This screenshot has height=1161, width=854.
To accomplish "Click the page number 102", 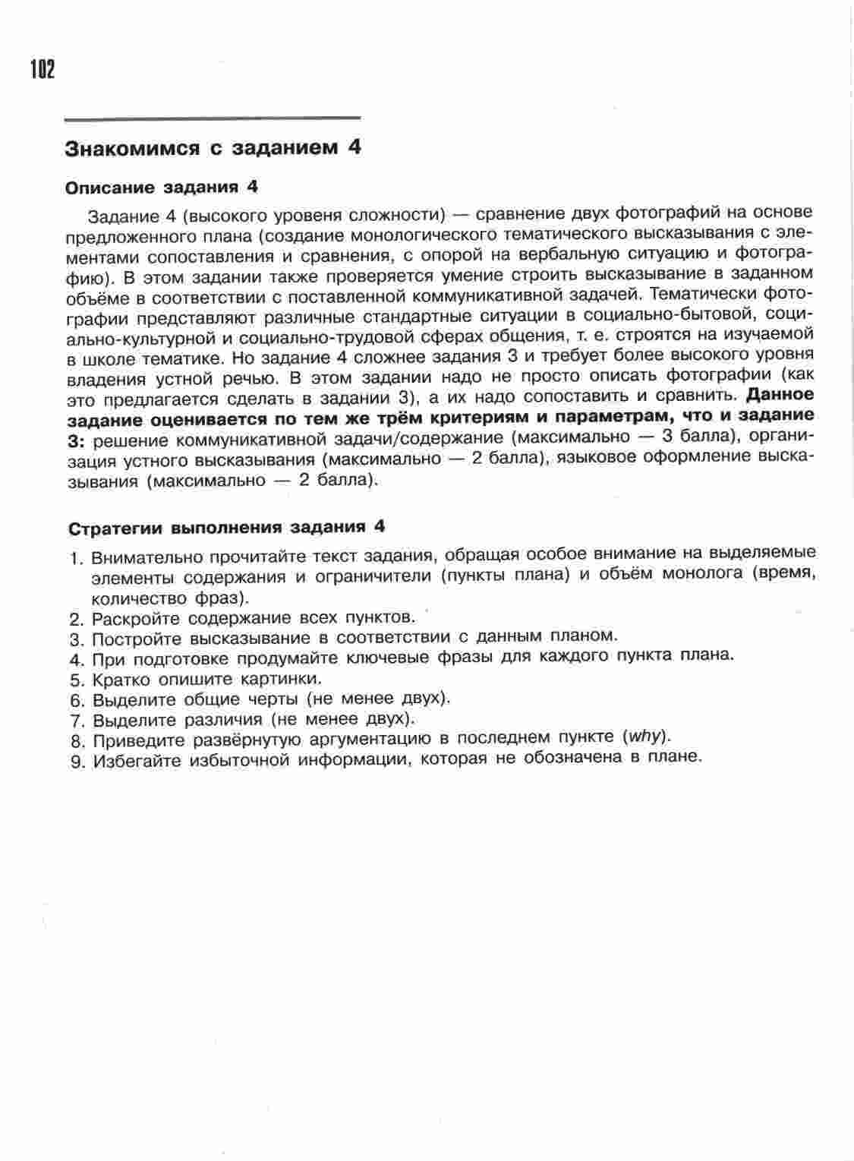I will (43, 70).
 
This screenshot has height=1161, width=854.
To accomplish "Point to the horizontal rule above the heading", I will (213, 118).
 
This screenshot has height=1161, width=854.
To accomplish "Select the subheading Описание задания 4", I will (162, 187).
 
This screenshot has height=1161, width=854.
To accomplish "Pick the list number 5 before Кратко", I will (75, 680).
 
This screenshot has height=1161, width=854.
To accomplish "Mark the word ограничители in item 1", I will (376, 576).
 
